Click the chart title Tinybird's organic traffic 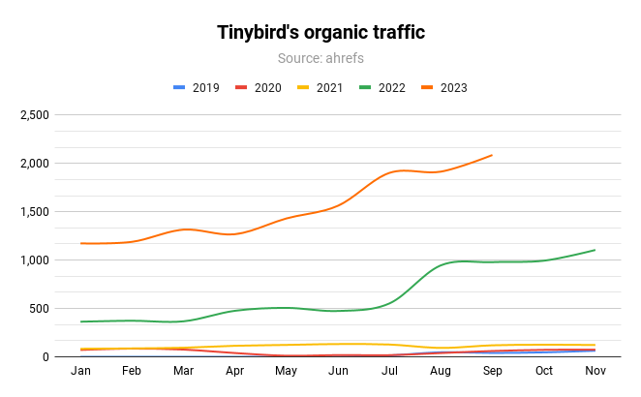(320, 33)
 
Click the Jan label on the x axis (81, 371)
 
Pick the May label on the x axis (287, 371)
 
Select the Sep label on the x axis (492, 371)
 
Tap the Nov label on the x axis (595, 371)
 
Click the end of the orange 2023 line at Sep (492, 155)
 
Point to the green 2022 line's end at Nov (595, 250)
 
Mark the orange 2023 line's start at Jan (81, 243)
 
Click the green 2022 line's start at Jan (81, 321)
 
